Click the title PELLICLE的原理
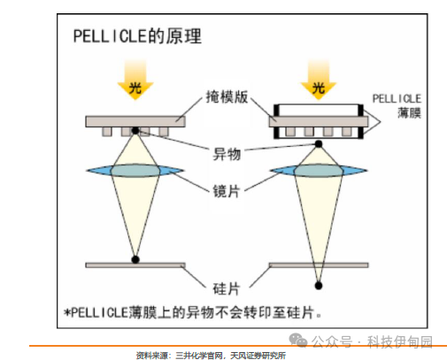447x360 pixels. click(137, 36)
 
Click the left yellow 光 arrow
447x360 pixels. click(135, 80)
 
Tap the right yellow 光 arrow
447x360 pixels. click(319, 80)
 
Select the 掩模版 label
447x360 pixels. click(227, 96)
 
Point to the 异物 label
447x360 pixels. click(227, 154)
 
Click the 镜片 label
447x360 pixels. click(227, 191)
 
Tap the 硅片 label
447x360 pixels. click(227, 288)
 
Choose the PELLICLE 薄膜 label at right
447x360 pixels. click(397, 105)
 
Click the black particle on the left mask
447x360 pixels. click(135, 130)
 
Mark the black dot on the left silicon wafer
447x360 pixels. click(135, 259)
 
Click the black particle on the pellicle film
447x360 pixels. click(319, 144)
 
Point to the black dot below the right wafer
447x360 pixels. click(319, 286)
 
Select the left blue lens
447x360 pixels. click(135, 171)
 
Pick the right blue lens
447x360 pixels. click(319, 171)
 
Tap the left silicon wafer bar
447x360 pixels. click(135, 265)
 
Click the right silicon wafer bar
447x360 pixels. click(319, 265)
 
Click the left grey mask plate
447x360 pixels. click(135, 121)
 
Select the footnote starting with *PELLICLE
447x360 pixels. click(193, 312)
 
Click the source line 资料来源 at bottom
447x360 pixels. click(211, 356)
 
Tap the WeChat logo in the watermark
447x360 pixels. click(298, 341)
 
